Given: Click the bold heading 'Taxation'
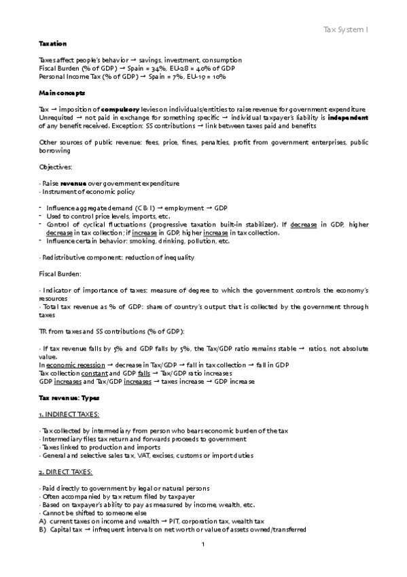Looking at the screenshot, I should [52, 44].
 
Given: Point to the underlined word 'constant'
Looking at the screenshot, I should [92, 373].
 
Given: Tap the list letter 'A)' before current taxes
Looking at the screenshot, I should [43, 520].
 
